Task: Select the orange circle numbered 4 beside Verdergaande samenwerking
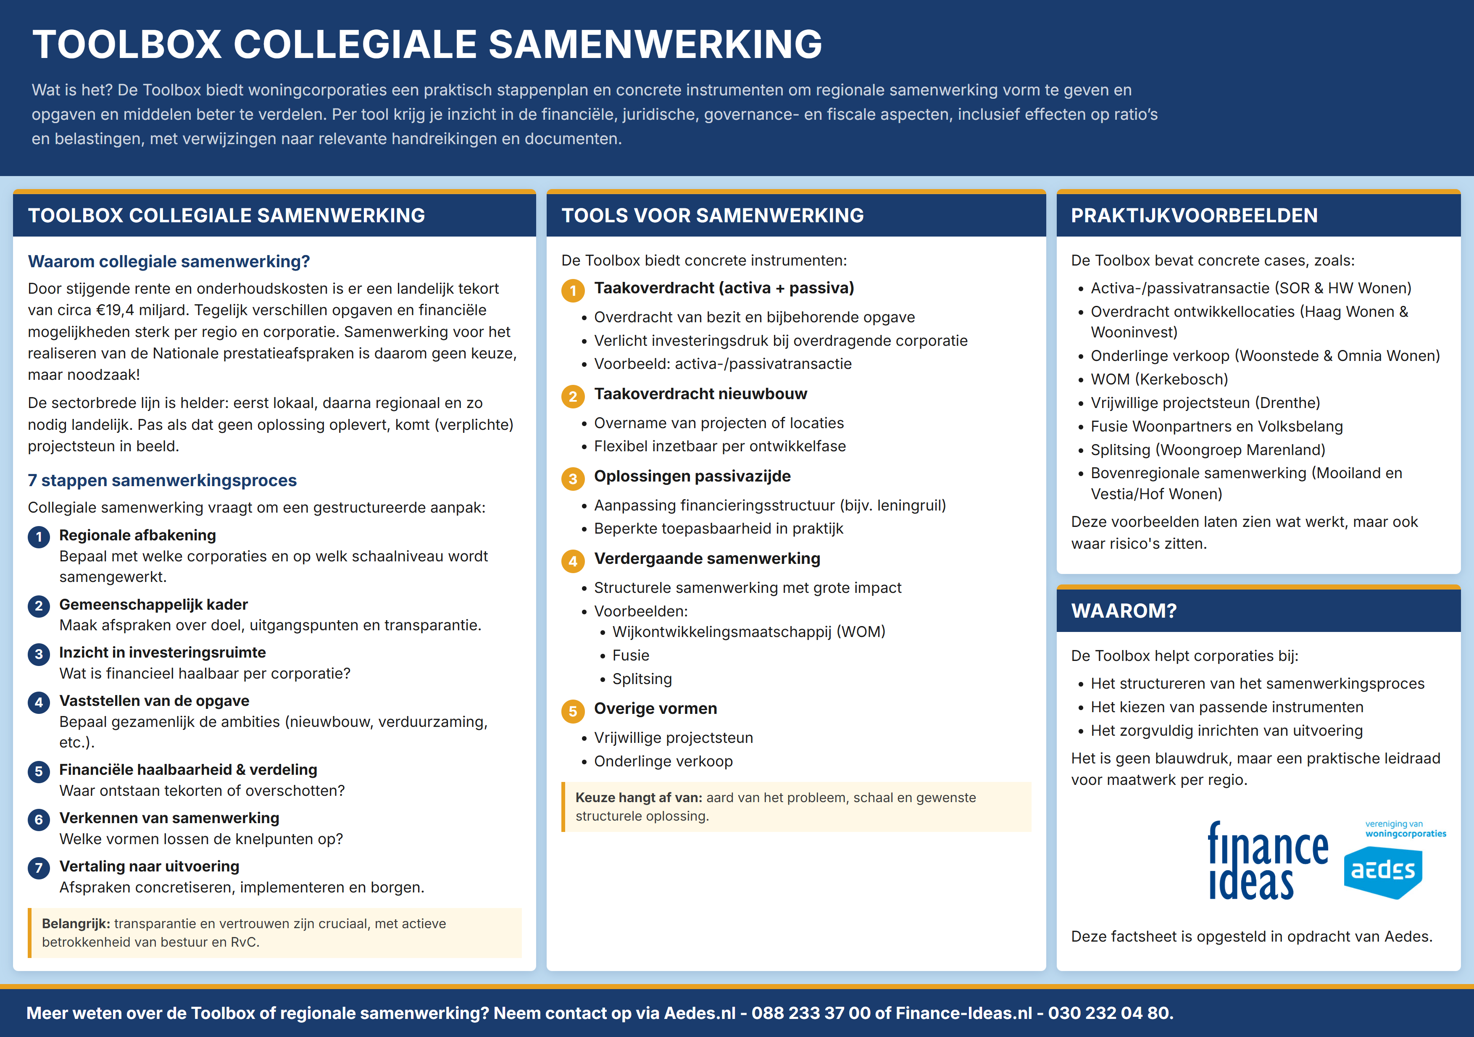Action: tap(573, 561)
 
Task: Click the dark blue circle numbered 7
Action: tap(39, 868)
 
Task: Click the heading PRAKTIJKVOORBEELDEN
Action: tap(1194, 215)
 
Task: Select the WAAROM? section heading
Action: tap(1124, 611)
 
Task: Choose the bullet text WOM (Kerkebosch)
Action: tap(1159, 379)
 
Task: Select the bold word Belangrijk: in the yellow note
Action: tap(76, 924)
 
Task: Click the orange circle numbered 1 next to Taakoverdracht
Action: tap(573, 290)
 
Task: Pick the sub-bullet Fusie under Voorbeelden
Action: tap(630, 655)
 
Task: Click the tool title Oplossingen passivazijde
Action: tap(692, 476)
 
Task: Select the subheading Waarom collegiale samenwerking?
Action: tap(168, 261)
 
